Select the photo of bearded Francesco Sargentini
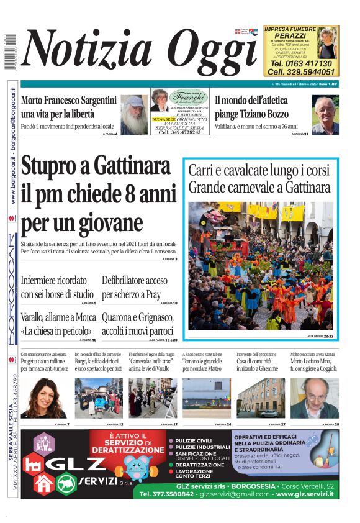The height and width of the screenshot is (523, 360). [x=134, y=115]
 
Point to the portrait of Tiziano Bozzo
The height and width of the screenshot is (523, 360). [x=325, y=115]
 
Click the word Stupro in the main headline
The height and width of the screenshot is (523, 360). [x=55, y=166]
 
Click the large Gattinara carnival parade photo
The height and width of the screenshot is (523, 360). [x=261, y=265]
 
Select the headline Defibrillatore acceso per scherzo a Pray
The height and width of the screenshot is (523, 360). [x=134, y=287]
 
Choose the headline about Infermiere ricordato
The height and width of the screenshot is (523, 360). [x=56, y=287]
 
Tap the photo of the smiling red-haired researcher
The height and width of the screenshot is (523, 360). [x=43, y=398]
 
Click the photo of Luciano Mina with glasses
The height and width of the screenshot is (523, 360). [x=315, y=398]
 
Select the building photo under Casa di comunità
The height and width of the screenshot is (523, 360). [x=261, y=398]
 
